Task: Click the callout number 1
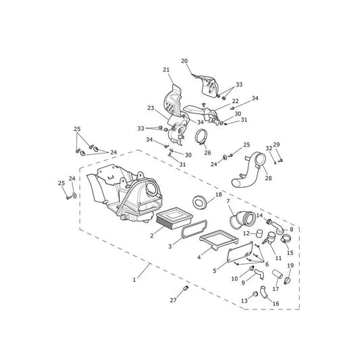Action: (x=134, y=280)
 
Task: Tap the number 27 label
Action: (x=174, y=300)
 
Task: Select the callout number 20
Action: (x=184, y=61)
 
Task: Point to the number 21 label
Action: (x=166, y=70)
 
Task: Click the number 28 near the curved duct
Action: (x=268, y=178)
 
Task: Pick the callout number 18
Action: (x=219, y=195)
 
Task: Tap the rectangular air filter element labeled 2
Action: (x=174, y=217)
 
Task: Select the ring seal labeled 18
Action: (x=199, y=202)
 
